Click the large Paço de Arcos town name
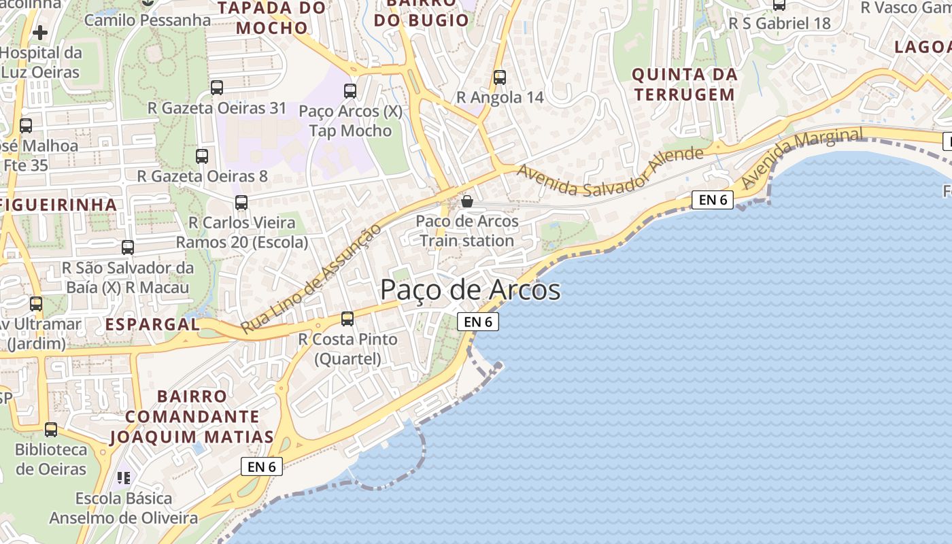click(470, 290)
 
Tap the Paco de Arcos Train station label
click(467, 231)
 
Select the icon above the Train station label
click(467, 201)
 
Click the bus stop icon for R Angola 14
click(500, 78)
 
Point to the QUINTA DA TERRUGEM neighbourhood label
click(684, 84)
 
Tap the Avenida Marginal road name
click(802, 158)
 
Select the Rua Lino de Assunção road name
click(311, 279)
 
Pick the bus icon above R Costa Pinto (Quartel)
click(347, 318)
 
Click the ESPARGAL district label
click(153, 324)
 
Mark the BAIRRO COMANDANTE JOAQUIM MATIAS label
click(192, 416)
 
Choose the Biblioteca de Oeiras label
click(51, 459)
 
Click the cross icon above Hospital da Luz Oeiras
click(40, 32)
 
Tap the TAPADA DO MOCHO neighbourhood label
click(273, 18)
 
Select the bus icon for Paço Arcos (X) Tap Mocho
click(350, 91)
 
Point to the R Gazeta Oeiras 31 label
click(217, 108)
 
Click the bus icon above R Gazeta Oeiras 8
click(202, 156)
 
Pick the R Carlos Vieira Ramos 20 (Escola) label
click(242, 233)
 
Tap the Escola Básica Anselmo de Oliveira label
click(123, 508)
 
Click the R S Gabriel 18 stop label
click(779, 23)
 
